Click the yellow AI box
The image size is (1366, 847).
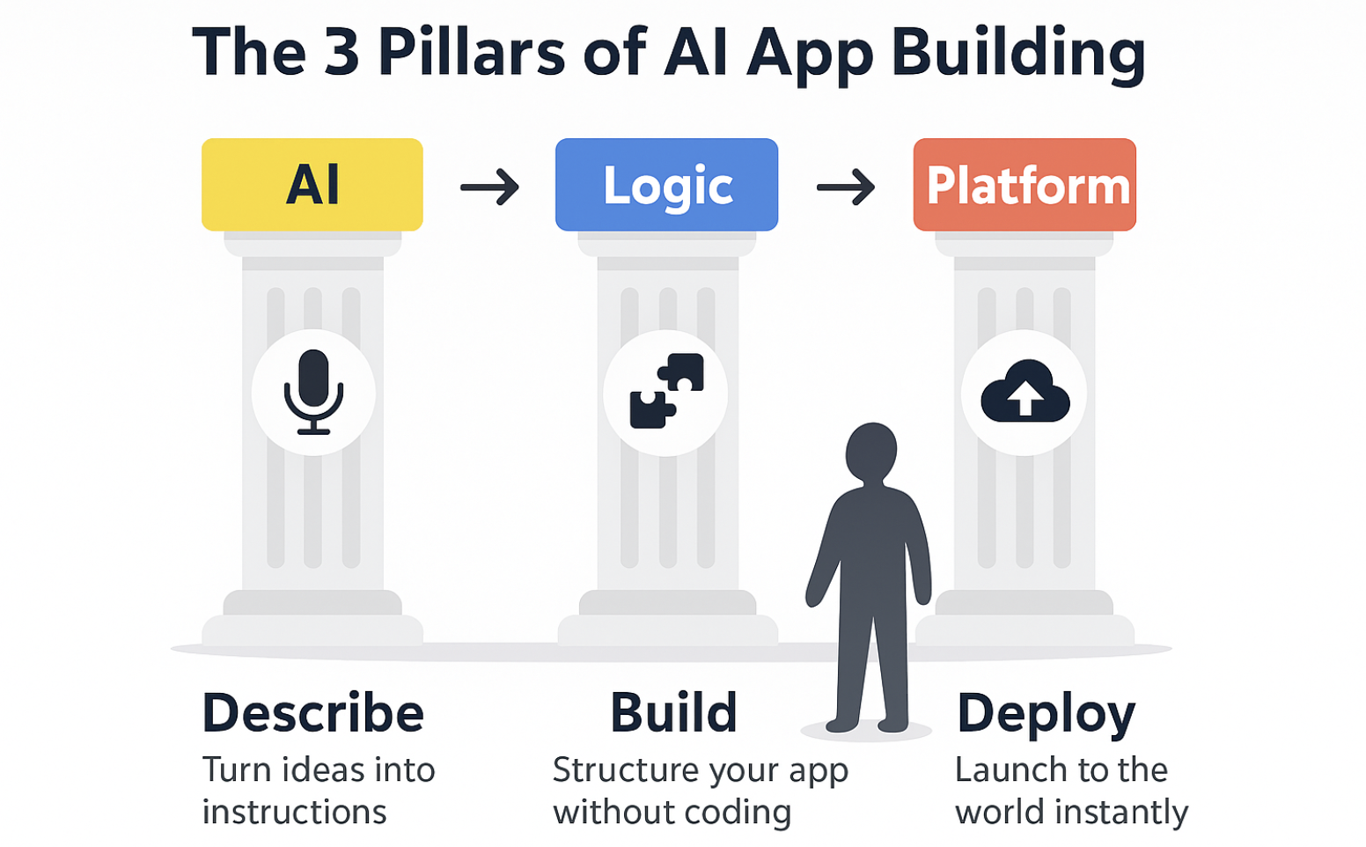[x=312, y=184]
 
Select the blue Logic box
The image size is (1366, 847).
[x=666, y=184]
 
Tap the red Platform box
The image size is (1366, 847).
[x=1024, y=184]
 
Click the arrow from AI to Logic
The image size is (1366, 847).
[x=489, y=187]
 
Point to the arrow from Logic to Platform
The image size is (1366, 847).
[x=846, y=187]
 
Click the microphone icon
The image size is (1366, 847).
[x=313, y=392]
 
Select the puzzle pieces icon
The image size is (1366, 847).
[x=666, y=391]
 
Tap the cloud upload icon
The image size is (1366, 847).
[x=1025, y=391]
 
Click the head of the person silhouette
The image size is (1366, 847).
[x=871, y=451]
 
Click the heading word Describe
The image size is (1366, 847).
[x=312, y=713]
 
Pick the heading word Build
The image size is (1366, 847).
[x=674, y=713]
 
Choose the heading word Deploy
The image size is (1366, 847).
[x=1047, y=715]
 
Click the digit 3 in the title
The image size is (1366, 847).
[x=341, y=53]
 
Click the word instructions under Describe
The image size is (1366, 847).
[x=295, y=812]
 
